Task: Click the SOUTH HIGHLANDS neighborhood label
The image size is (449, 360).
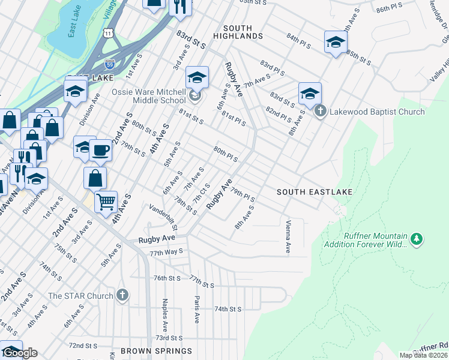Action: (243, 32)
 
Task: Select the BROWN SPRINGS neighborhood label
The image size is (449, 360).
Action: (156, 351)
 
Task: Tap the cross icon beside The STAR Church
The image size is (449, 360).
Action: (122, 295)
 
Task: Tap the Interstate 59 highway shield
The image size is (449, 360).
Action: (109, 64)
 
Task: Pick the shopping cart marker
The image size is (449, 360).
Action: (106, 202)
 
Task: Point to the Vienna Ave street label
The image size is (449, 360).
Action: (288, 235)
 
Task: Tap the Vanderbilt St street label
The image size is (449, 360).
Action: (163, 217)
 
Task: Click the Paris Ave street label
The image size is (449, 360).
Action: (196, 309)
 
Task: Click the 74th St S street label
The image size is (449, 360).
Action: (228, 309)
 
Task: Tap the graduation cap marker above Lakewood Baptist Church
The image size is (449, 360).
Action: (310, 92)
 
